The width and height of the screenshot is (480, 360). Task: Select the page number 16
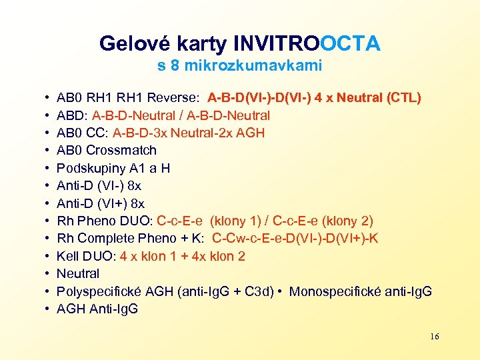pyautogui.click(x=435, y=337)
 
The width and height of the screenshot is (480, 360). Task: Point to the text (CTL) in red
pyautogui.click(x=403, y=98)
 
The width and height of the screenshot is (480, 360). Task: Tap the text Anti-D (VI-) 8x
pyautogui.click(x=99, y=185)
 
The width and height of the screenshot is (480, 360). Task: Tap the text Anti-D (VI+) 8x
pyautogui.click(x=101, y=203)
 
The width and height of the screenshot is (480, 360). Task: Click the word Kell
pyautogui.click(x=68, y=256)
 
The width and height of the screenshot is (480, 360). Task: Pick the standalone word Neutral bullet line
pyautogui.click(x=78, y=273)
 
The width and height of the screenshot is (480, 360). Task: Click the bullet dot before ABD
pyautogui.click(x=42, y=115)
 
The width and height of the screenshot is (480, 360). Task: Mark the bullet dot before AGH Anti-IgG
pyautogui.click(x=42, y=309)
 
